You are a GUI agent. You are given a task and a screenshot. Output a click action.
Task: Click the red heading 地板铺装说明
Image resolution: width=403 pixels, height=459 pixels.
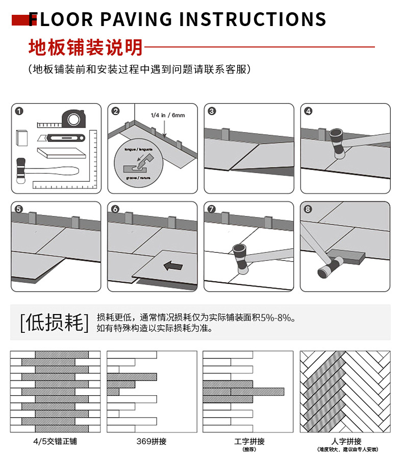coord(85,47)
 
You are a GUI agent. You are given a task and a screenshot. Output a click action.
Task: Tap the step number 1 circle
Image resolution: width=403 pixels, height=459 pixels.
coord(19,111)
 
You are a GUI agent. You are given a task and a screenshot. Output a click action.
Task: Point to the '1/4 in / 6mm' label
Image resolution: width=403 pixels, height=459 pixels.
coord(168,115)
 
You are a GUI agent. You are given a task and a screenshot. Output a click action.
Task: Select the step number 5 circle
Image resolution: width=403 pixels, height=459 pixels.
coord(19,209)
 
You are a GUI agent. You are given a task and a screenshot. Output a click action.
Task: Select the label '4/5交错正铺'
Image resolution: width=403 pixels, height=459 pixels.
coord(49,441)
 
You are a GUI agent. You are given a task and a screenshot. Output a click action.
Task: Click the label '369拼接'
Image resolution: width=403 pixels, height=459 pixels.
coord(152,441)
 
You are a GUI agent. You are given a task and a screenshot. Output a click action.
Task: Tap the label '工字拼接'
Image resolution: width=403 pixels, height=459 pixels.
coord(249,441)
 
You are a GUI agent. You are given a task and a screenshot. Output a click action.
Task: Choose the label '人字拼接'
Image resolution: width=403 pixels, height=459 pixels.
coord(346,441)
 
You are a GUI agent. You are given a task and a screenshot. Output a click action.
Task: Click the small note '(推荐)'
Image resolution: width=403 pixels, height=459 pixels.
coord(249,449)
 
